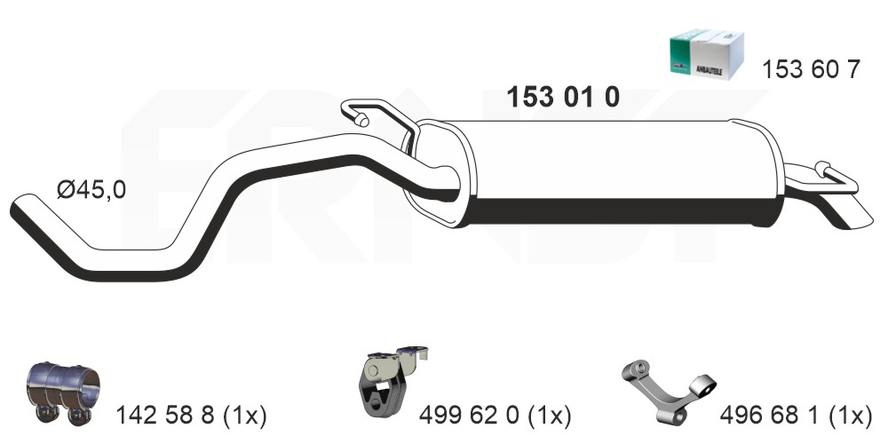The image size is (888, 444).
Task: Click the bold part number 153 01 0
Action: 562,98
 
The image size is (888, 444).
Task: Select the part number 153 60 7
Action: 811,69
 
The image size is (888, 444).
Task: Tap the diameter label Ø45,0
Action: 91,190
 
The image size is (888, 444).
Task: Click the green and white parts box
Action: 706,55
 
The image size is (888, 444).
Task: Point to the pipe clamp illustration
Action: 62,392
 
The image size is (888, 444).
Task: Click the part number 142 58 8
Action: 165,416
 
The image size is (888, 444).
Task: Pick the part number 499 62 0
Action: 469,416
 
